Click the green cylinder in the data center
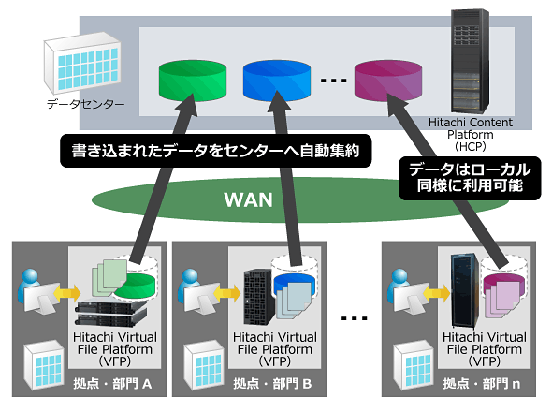coord(192,81)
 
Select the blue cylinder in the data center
coord(277,81)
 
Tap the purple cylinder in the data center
coord(388,81)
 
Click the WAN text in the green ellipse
coord(248,199)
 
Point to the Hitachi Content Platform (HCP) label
coord(471,134)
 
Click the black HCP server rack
coord(471,61)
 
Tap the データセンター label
coord(85,104)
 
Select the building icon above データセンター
coord(82,63)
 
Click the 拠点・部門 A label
coord(112,384)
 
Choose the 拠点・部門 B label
coord(272,384)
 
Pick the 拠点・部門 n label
coord(482,384)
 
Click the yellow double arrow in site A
coord(66,292)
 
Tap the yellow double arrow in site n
coord(437,293)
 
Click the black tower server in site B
coord(259,297)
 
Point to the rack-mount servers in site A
coord(110,312)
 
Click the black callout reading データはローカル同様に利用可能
coord(470,178)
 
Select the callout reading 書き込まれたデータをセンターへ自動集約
coord(216,151)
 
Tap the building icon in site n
coord(414,365)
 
